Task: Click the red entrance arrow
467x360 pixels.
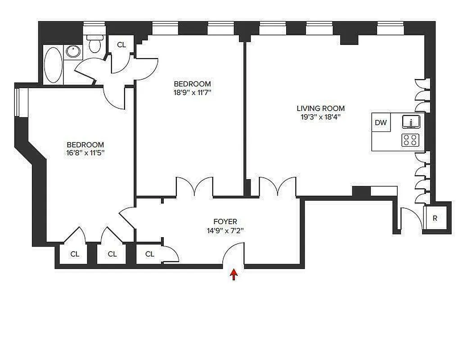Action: [233, 274]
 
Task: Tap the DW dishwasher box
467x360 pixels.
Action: [381, 122]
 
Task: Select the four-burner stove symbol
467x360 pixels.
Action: [410, 140]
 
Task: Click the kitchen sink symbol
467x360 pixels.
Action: [411, 122]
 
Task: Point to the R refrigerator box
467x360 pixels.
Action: [435, 218]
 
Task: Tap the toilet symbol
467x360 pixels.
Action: [94, 44]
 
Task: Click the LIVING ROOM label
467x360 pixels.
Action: [320, 108]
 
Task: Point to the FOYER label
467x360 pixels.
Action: [225, 221]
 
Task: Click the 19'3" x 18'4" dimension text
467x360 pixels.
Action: [320, 117]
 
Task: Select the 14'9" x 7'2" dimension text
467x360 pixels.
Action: [225, 231]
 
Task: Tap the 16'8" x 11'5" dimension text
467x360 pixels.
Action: [85, 153]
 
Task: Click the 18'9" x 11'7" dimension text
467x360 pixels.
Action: [192, 93]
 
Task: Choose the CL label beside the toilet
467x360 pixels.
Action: [121, 45]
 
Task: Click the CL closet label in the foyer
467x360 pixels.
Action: [150, 254]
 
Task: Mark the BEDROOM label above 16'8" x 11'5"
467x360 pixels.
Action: [85, 144]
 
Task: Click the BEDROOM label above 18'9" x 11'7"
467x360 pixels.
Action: [192, 84]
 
